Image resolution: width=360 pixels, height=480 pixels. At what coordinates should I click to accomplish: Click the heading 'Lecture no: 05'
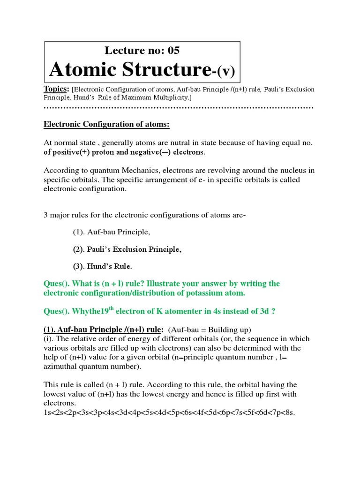[x=142, y=51]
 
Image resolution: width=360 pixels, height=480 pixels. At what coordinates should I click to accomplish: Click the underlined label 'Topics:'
[x=56, y=89]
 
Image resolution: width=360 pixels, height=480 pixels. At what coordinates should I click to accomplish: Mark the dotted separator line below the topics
[x=178, y=108]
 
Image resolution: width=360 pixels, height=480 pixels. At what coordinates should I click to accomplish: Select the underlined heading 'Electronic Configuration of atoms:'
[x=106, y=124]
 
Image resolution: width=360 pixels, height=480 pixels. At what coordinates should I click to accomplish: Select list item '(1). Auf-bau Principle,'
[x=112, y=232]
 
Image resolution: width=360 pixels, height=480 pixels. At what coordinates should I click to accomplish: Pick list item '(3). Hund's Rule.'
[x=102, y=267]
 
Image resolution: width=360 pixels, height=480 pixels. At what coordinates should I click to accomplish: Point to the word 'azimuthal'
[x=61, y=367]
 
